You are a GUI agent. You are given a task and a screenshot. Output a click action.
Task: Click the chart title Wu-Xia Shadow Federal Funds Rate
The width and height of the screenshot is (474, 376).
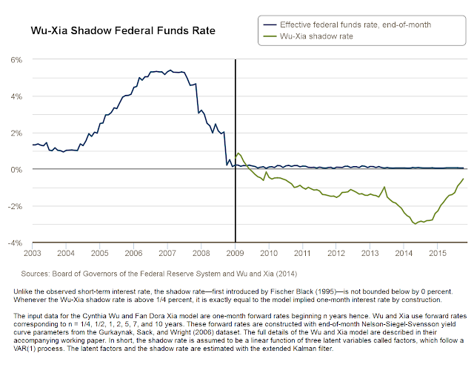pyautogui.click(x=122, y=32)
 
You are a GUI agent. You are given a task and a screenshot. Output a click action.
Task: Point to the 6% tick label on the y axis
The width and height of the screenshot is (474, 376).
pyautogui.click(x=16, y=59)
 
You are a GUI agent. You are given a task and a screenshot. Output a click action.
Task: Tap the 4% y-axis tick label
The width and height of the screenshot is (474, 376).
pyautogui.click(x=16, y=96)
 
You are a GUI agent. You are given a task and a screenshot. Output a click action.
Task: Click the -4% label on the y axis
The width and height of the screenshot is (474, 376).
pyautogui.click(x=14, y=243)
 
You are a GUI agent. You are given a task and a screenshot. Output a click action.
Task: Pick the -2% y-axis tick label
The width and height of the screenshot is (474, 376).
pyautogui.click(x=14, y=206)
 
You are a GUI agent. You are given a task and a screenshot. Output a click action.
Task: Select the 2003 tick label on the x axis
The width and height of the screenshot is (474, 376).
pyautogui.click(x=32, y=254)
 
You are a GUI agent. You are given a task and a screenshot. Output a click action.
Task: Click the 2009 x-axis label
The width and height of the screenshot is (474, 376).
pyautogui.click(x=236, y=254)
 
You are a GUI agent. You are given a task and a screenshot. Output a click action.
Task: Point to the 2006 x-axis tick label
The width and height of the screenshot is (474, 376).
pyautogui.click(x=133, y=254)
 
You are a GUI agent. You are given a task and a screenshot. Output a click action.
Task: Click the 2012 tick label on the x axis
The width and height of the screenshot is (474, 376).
pyautogui.click(x=337, y=254)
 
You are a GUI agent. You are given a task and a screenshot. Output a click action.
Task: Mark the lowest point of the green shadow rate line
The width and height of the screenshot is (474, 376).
pyautogui.click(x=416, y=223)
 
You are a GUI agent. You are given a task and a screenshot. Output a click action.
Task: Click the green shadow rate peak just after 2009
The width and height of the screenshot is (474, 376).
pyautogui.click(x=238, y=153)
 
